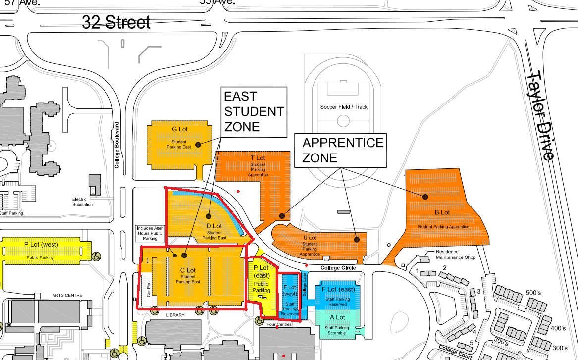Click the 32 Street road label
(116, 22)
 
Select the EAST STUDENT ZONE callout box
(254, 111)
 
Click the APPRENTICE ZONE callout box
(343, 150)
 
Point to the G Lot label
(179, 129)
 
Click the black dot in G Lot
(198, 144)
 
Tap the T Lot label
(258, 158)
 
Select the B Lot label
(442, 212)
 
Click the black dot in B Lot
(425, 197)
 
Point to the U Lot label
(310, 238)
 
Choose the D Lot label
(214, 226)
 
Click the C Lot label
(188, 270)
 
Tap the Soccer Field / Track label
(344, 107)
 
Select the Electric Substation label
(82, 202)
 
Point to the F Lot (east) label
(338, 289)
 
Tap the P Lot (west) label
(41, 244)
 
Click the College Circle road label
(338, 268)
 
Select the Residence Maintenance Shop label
(455, 255)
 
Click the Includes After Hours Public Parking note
(150, 233)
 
